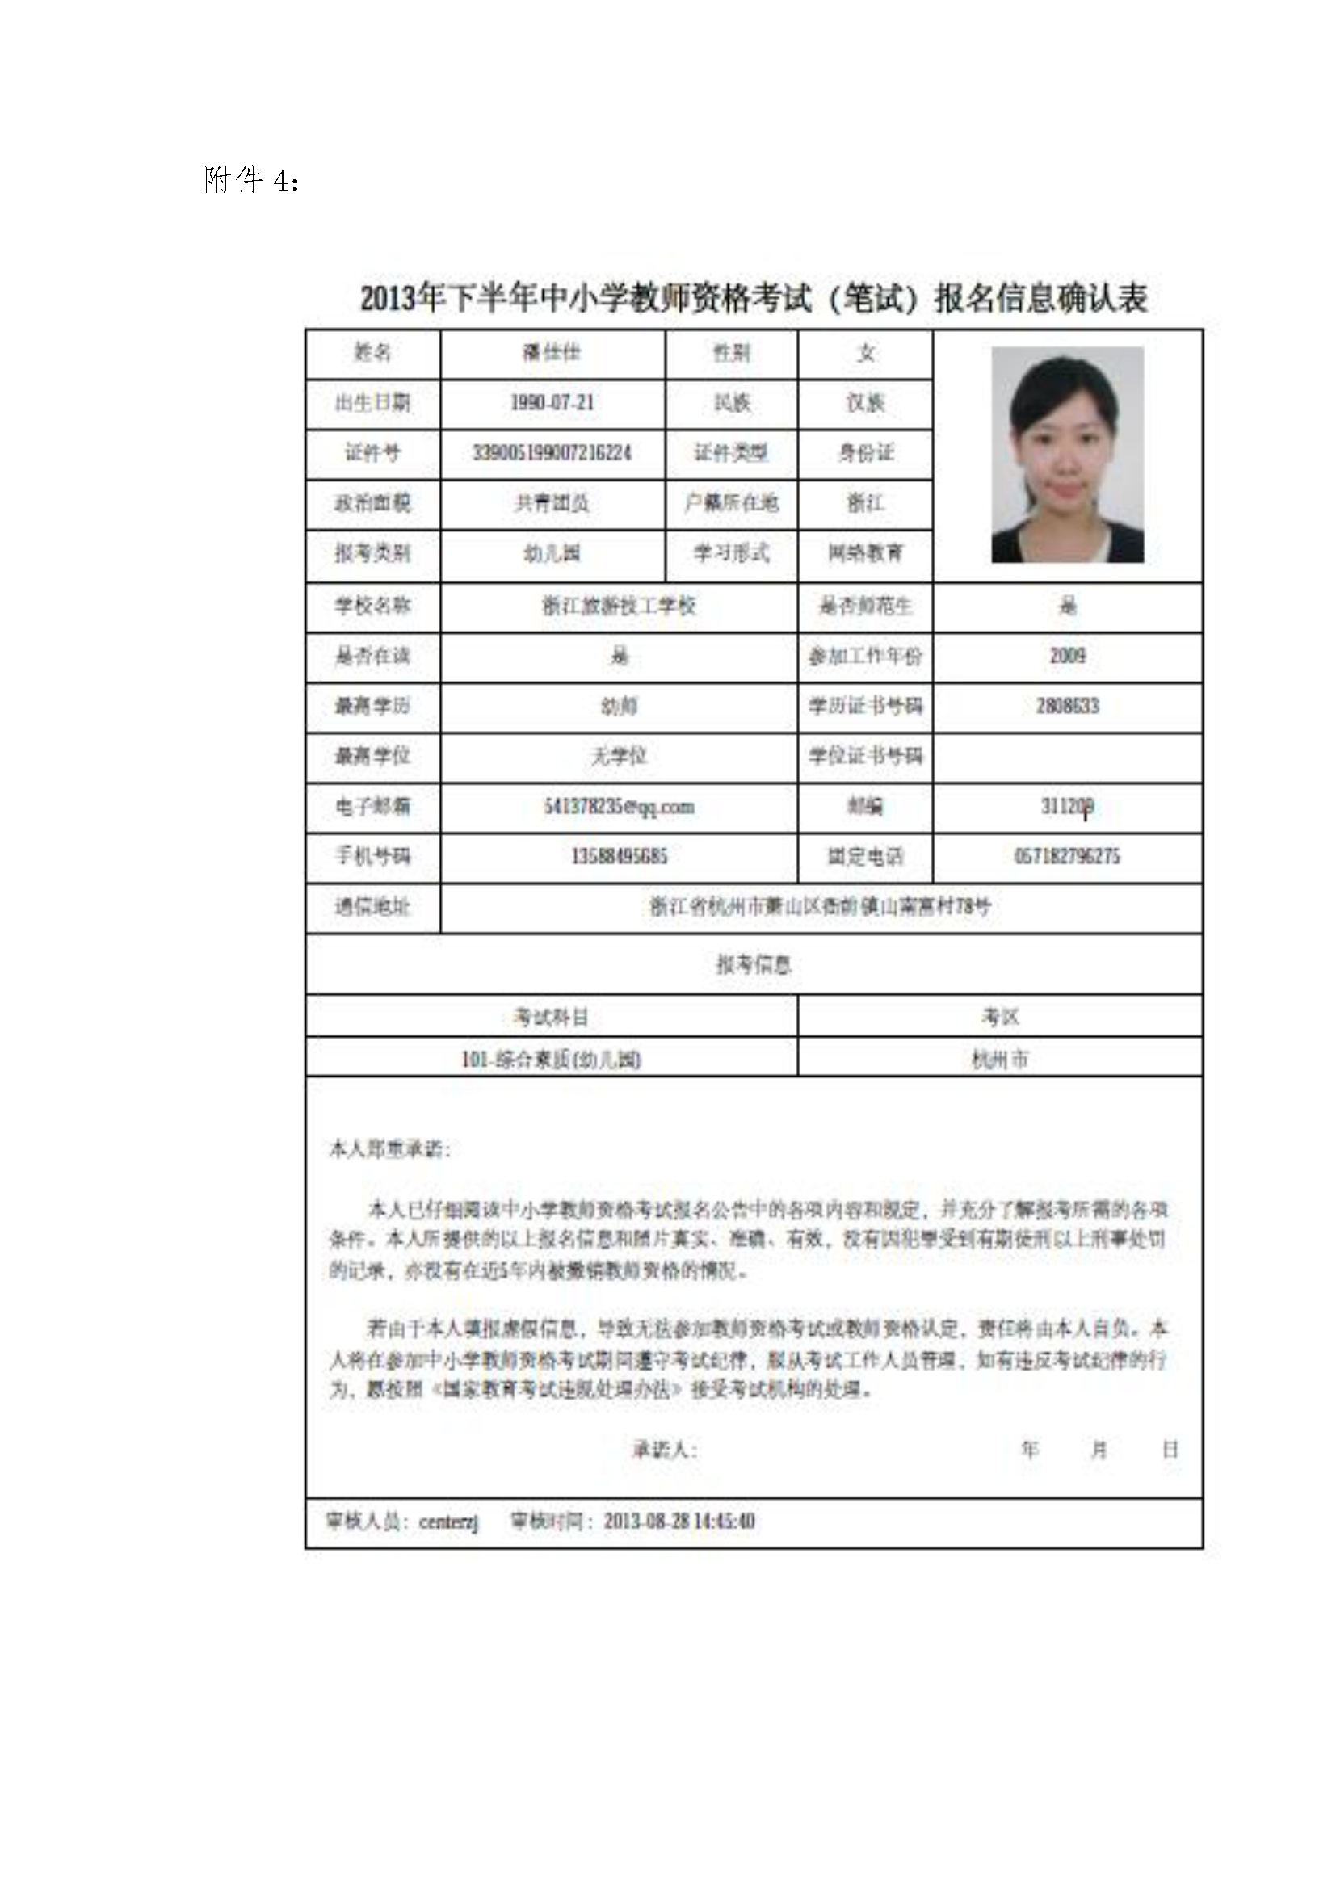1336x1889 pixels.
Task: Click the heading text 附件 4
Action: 250,180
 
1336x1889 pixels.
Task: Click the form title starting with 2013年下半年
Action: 753,298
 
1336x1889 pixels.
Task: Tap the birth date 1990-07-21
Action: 552,403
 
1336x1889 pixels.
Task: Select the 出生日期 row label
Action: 372,403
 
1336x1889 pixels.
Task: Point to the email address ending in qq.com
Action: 619,807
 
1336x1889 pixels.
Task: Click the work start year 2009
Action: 1067,657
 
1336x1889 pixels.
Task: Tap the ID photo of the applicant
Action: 1067,454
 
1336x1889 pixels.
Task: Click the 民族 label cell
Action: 731,403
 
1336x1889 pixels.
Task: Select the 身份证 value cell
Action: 865,453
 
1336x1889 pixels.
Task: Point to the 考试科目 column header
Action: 550,1018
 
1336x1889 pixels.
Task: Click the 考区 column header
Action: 999,1018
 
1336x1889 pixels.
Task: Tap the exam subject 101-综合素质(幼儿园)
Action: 550,1059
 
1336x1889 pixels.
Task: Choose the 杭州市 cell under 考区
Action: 999,1059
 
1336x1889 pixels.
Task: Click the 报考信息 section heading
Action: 753,964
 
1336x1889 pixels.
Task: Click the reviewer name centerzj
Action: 448,1522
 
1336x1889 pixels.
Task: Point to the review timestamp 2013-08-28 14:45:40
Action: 679,1522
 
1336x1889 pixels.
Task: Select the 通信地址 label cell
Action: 372,908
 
